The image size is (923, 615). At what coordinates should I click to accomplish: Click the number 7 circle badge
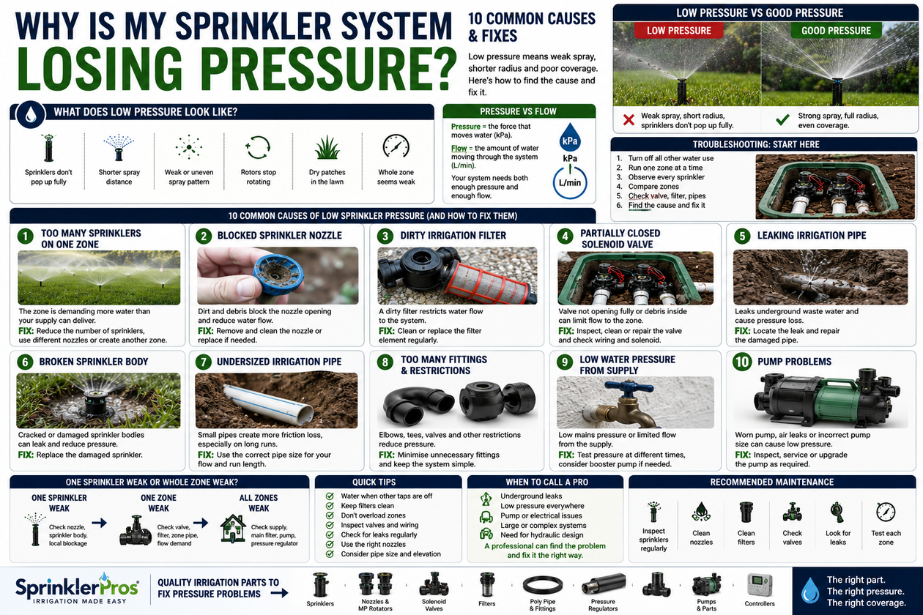203,362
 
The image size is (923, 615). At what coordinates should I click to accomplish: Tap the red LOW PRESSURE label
678,31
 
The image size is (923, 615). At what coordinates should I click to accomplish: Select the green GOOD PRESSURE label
836,31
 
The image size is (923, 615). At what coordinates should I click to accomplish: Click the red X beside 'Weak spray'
629,120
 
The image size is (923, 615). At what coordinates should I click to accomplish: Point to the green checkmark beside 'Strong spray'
782,119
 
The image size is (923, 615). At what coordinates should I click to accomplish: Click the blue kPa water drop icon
570,137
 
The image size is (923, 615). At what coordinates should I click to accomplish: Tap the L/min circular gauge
570,182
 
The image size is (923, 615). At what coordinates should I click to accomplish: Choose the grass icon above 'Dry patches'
327,147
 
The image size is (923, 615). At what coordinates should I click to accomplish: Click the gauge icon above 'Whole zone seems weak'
396,146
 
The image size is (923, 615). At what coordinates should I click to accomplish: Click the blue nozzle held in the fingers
278,275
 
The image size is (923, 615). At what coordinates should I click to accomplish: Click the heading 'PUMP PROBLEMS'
794,362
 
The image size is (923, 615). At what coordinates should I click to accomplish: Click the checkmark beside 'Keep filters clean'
330,506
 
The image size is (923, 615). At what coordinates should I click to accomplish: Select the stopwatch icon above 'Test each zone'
886,512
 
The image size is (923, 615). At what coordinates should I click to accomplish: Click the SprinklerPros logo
77,588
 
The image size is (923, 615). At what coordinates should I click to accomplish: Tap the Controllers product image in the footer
760,585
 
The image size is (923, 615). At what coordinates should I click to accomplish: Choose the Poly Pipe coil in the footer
543,584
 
